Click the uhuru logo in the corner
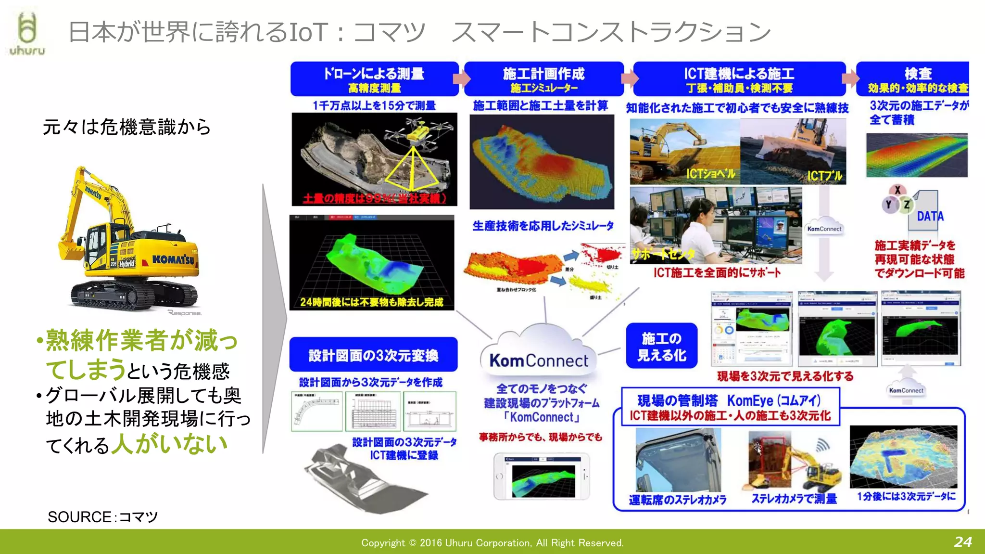point(27,34)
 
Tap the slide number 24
point(962,542)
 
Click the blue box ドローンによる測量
point(374,79)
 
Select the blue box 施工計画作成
point(543,79)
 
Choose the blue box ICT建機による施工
point(739,79)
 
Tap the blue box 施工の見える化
point(661,346)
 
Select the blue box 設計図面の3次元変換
point(373,355)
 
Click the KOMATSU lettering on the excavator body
point(173,259)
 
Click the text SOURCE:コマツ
point(103,516)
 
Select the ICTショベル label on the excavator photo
point(710,174)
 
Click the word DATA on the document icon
point(930,216)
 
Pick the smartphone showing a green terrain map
point(542,477)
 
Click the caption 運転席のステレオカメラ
point(677,500)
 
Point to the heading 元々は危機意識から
point(126,127)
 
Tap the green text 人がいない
point(169,444)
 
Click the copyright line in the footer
point(492,542)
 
